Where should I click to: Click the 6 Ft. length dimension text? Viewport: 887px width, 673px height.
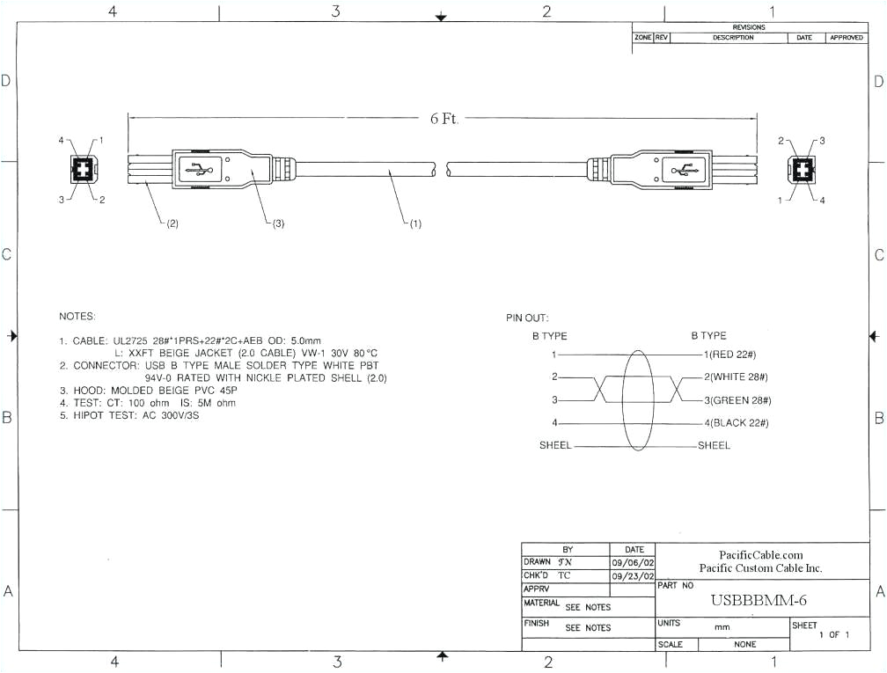click(x=443, y=119)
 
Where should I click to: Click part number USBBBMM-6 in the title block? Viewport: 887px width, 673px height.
click(x=759, y=600)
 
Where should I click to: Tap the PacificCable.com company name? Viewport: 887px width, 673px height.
click(x=760, y=555)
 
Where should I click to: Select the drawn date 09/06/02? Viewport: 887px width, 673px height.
click(x=633, y=562)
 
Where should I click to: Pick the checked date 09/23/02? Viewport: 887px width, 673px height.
click(x=633, y=575)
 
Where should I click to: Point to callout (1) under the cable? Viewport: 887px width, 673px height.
click(x=413, y=223)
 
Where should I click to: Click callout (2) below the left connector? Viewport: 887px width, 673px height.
click(x=172, y=223)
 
